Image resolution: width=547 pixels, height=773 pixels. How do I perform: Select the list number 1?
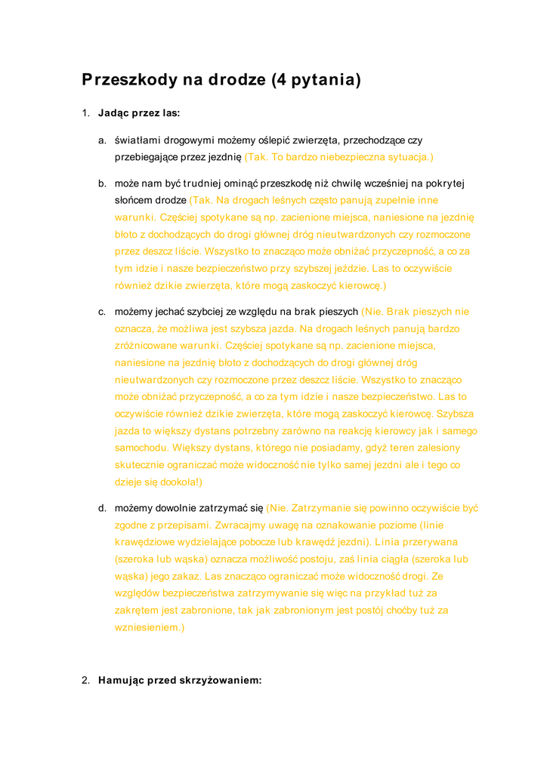point(85,113)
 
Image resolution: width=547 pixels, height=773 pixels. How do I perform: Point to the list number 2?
point(85,680)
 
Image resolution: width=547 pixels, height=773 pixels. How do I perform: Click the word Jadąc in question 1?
point(113,113)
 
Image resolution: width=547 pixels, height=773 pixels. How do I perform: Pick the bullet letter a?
point(101,140)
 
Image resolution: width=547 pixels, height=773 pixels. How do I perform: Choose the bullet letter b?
point(101,183)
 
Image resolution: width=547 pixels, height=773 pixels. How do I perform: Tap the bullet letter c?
point(101,312)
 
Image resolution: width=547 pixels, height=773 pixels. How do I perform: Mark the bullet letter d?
point(101,508)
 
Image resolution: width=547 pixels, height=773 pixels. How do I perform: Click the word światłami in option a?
point(137,140)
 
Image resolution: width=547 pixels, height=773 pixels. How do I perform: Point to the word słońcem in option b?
point(134,200)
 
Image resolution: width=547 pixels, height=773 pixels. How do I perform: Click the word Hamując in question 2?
point(121,680)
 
